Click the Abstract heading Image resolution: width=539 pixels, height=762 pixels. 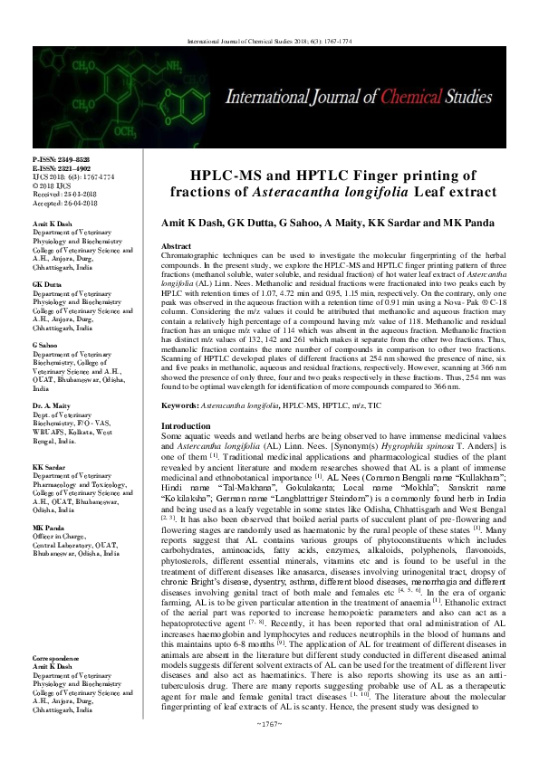pyautogui.click(x=176, y=245)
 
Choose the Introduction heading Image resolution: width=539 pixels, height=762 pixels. pyautogui.click(x=185, y=425)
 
